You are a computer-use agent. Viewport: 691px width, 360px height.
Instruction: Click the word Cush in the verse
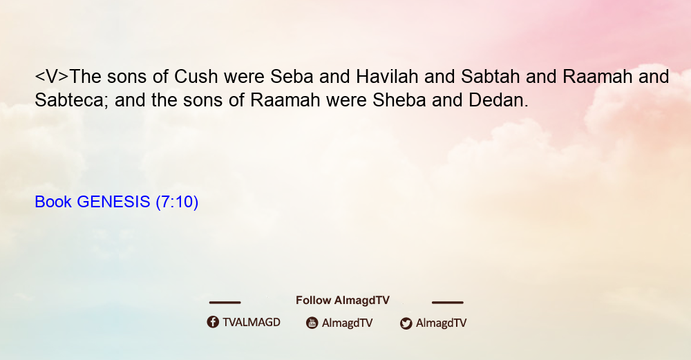[x=196, y=77]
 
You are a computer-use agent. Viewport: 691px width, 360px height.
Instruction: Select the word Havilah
[x=387, y=77]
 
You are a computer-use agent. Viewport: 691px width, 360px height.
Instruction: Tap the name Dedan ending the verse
[x=498, y=100]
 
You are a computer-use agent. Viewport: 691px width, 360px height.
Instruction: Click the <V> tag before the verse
[x=52, y=77]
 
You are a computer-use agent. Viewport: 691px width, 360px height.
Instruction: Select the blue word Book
[x=53, y=202]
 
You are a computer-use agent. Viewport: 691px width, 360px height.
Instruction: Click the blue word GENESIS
[x=114, y=202]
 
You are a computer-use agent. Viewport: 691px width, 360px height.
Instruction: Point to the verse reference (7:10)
[x=177, y=202]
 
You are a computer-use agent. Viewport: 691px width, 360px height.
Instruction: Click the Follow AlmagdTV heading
[x=343, y=301]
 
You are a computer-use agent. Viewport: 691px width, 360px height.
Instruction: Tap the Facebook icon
[x=213, y=322]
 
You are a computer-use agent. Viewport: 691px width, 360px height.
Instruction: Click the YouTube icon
[x=312, y=323]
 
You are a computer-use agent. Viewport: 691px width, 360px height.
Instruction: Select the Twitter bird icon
[x=406, y=323]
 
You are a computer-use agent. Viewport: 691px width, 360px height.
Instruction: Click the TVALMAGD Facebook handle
[x=252, y=323]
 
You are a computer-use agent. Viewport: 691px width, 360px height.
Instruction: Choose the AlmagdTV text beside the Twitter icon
[x=441, y=323]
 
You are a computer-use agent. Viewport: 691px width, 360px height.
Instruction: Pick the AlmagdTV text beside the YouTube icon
[x=348, y=323]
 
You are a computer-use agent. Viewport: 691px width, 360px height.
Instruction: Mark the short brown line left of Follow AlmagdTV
[x=225, y=303]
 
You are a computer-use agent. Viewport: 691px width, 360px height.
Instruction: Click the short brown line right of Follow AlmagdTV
[x=448, y=303]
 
